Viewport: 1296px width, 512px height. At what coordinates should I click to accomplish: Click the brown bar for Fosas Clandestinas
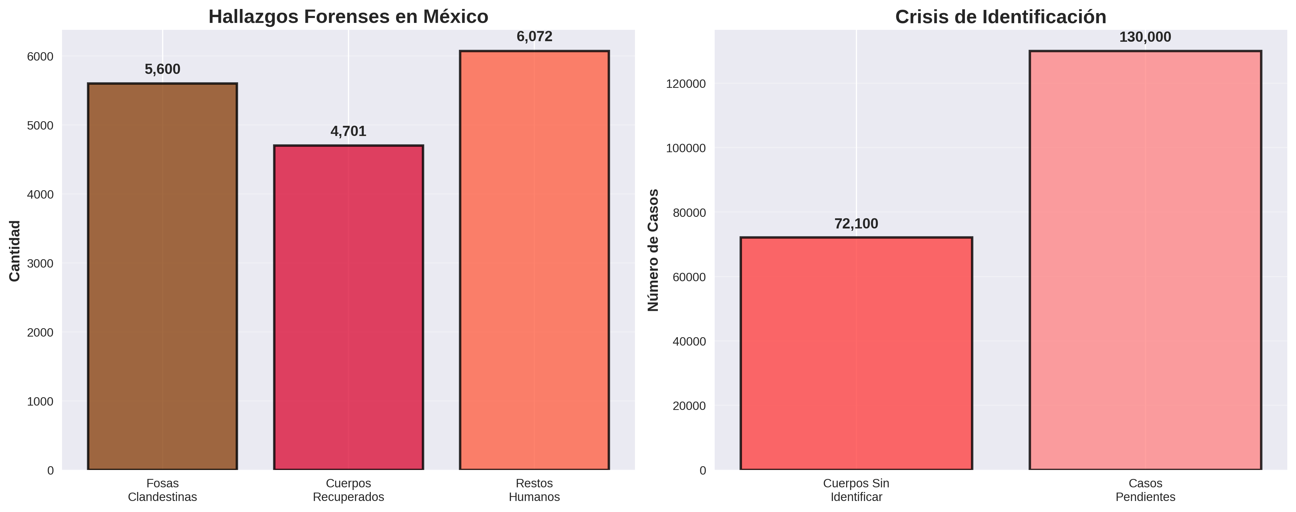click(x=162, y=277)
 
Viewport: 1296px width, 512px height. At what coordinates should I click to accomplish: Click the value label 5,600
click(x=162, y=69)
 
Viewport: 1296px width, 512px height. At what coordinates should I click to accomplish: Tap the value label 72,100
click(x=856, y=224)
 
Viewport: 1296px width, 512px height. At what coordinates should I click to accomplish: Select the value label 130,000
click(x=1145, y=37)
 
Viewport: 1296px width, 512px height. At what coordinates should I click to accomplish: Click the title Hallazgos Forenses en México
click(x=348, y=17)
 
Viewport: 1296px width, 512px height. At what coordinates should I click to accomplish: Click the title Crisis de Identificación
click(x=1000, y=17)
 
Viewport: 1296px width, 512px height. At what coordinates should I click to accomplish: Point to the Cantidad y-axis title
click(x=15, y=250)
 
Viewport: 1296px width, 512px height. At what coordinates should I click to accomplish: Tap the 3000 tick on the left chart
click(x=40, y=264)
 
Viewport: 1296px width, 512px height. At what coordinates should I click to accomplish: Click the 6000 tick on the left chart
click(x=40, y=56)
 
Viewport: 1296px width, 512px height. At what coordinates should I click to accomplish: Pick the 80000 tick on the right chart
click(x=689, y=213)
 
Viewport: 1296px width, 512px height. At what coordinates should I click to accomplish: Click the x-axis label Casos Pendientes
click(x=1145, y=490)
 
